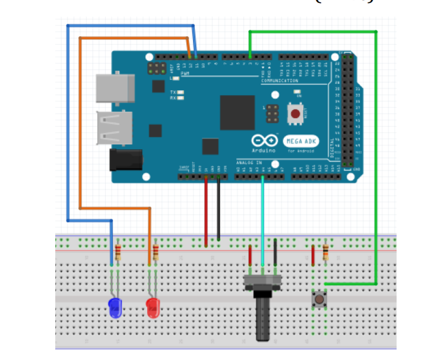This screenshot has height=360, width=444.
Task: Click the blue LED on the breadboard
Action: coord(115,308)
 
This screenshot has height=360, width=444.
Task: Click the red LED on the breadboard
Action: coord(153,308)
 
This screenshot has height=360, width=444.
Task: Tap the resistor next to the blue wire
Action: coord(118,252)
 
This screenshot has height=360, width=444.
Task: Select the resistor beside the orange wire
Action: coord(156,252)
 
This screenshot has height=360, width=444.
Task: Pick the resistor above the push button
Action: coord(325,253)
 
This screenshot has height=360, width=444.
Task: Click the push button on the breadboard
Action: coord(319,299)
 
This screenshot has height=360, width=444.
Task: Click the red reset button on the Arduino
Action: coord(294,113)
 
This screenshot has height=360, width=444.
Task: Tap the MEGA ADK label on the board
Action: coord(301,141)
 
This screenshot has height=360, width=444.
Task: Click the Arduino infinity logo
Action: coord(264,141)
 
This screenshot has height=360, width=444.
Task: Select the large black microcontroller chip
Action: coord(237,112)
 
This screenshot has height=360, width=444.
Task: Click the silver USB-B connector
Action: coord(115,87)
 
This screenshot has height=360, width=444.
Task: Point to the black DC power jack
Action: coord(126,160)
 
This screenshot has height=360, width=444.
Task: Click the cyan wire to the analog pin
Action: coord(262,214)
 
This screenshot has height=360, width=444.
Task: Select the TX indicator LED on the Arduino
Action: coord(180,92)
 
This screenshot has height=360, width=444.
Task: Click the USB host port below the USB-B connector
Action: coord(115,128)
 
